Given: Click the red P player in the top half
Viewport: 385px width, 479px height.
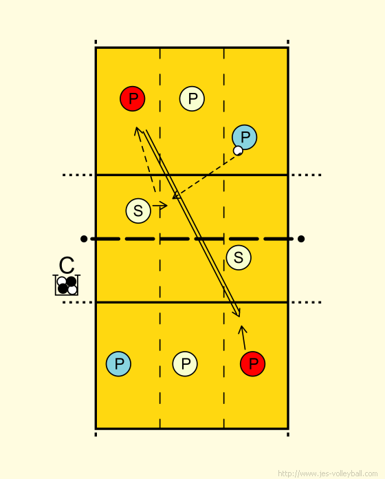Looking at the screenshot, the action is (x=133, y=98).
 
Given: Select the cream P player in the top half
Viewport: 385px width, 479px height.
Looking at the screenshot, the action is (x=192, y=98).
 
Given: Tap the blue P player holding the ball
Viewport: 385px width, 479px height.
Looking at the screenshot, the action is (x=245, y=137).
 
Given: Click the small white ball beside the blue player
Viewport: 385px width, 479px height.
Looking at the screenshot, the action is (x=238, y=151).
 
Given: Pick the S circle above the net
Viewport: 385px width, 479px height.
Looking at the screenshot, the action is (x=138, y=211).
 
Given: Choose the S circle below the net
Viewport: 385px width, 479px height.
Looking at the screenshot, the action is (x=239, y=257).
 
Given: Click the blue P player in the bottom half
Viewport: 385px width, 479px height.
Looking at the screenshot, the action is (x=119, y=364).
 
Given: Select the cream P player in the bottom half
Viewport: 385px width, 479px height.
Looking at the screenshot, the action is (x=185, y=364).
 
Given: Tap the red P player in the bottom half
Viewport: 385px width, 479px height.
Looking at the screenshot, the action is (x=252, y=364).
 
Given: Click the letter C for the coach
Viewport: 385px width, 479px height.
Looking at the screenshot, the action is (x=67, y=265).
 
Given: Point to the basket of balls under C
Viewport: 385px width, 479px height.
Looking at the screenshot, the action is (x=67, y=286).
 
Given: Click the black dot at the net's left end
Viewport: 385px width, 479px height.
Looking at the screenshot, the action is (x=84, y=239).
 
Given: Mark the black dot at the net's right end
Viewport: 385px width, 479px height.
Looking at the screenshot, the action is (x=301, y=239).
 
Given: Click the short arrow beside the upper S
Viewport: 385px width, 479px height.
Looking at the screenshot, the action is (x=160, y=206).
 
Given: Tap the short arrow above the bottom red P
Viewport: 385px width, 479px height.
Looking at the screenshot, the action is (x=243, y=337).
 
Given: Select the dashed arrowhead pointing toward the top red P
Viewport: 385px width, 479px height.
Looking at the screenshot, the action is (x=137, y=131).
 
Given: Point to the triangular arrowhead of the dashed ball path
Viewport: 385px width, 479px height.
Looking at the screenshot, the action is (x=176, y=195).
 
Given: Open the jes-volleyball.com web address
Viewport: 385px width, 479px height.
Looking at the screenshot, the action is (x=328, y=473).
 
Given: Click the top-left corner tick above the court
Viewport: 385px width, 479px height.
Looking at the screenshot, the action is (x=96, y=42).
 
